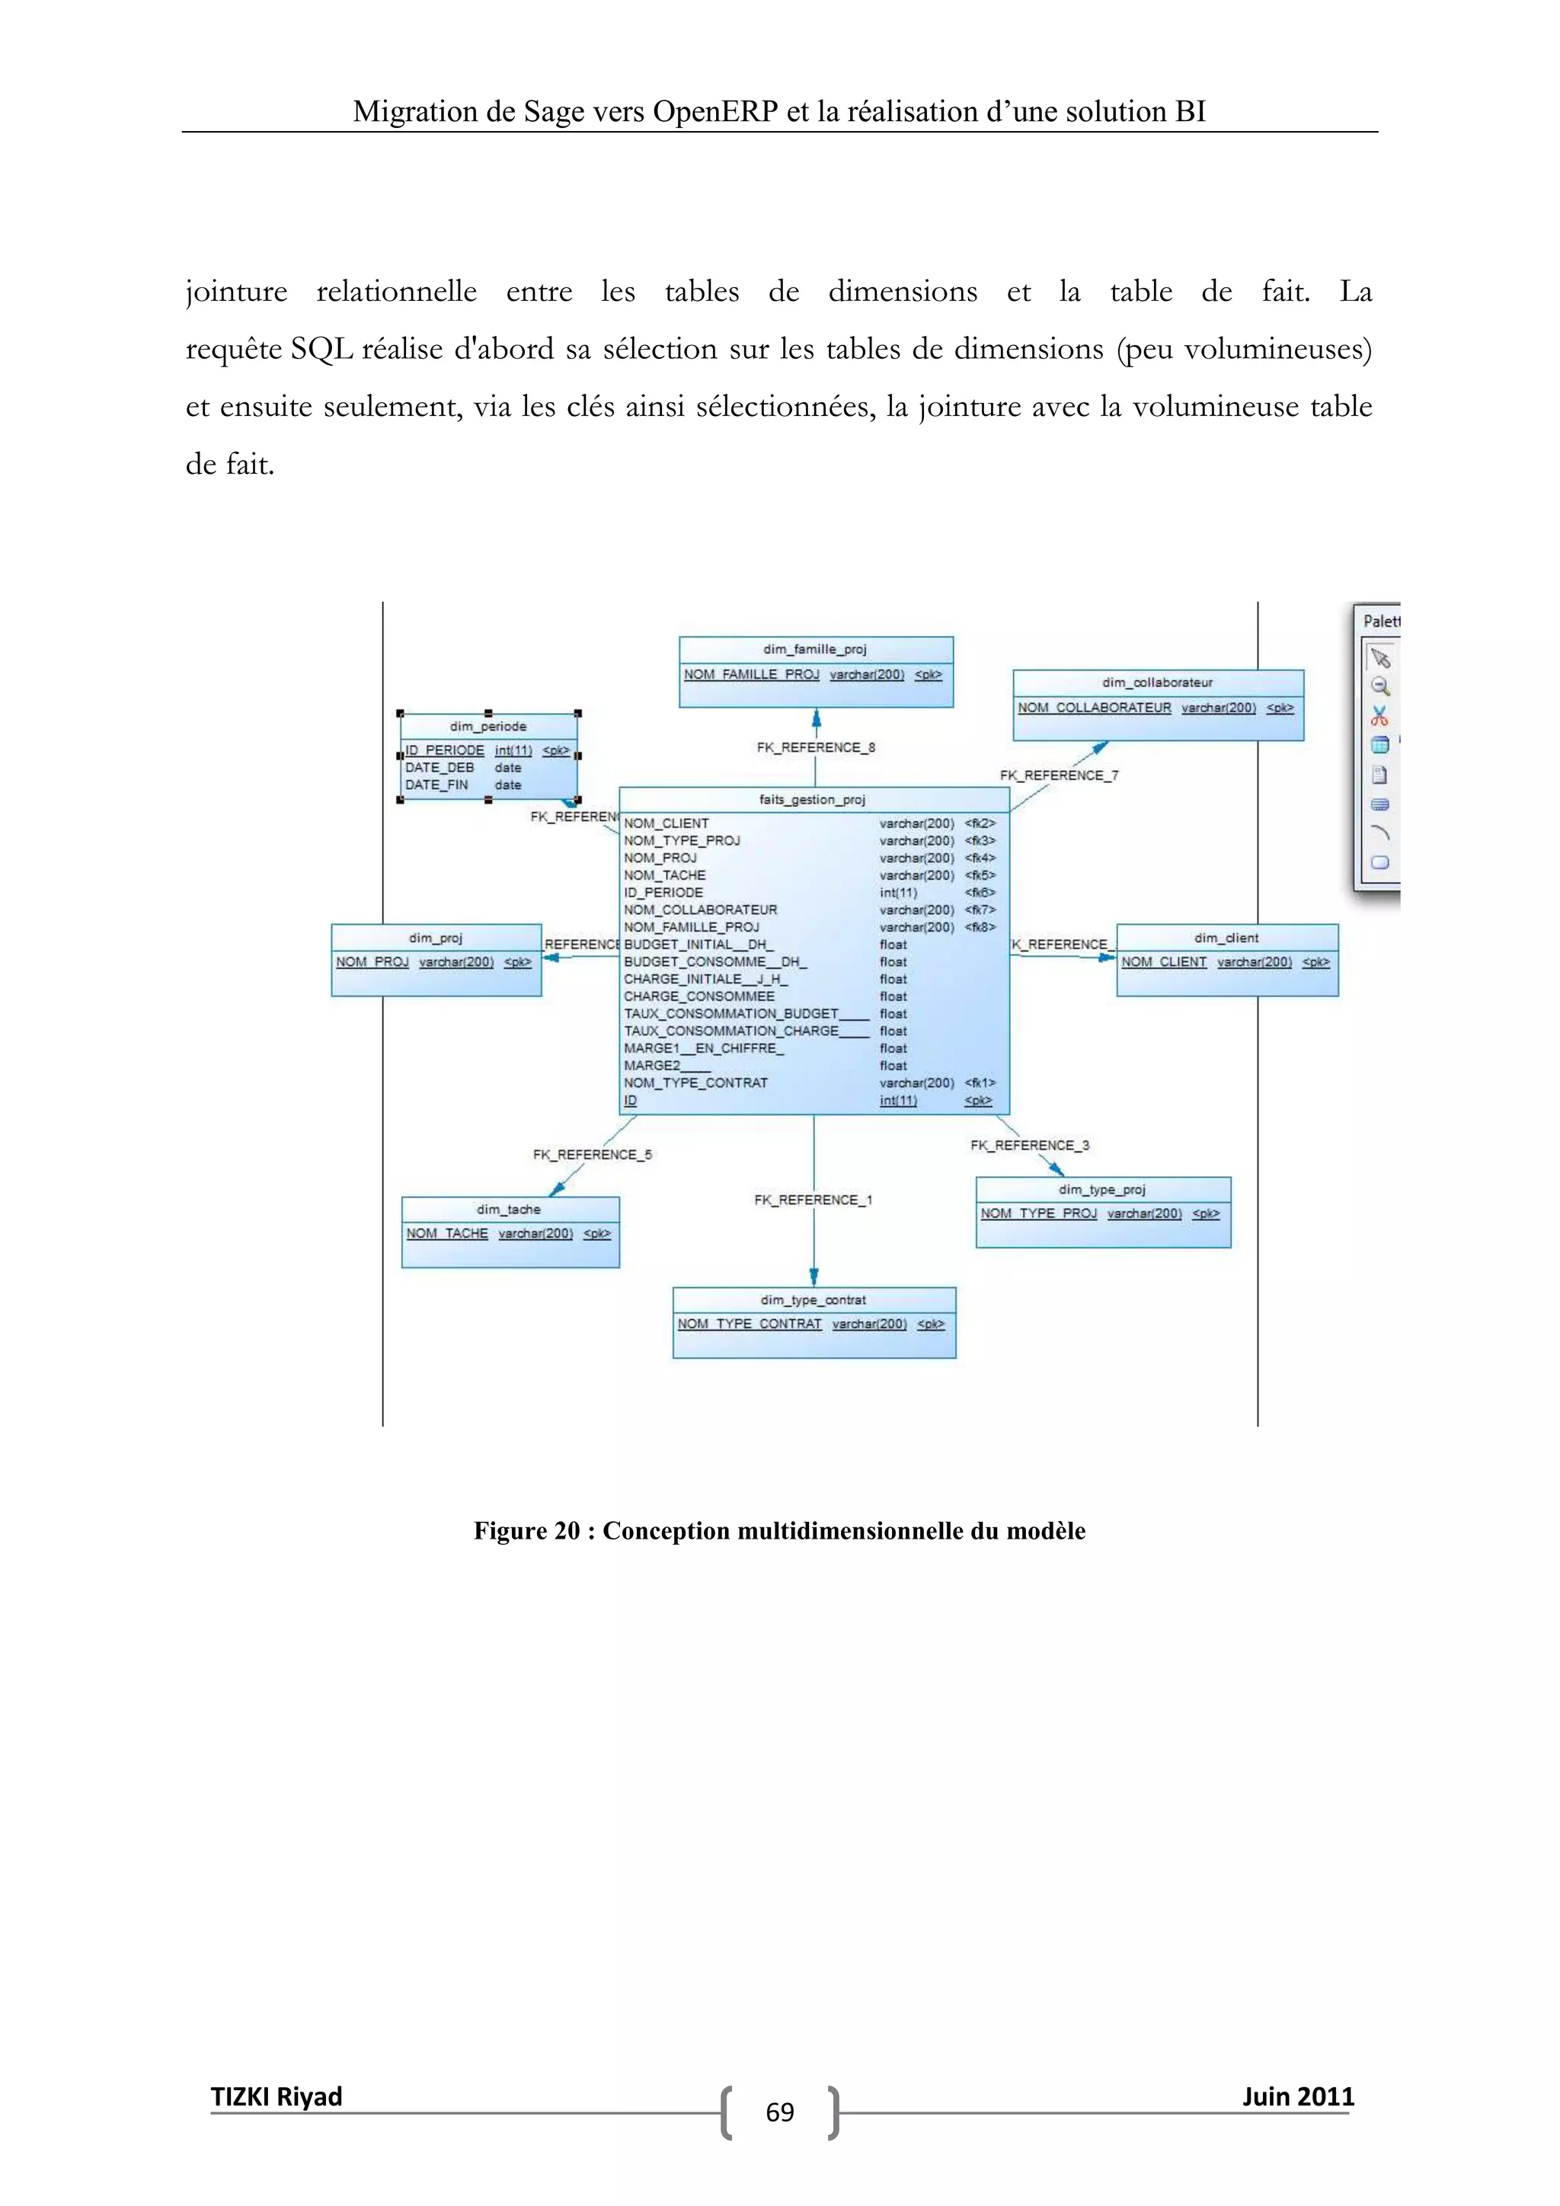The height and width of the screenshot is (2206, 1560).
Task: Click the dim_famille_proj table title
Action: (x=814, y=650)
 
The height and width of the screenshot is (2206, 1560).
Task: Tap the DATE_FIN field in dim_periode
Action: (x=437, y=785)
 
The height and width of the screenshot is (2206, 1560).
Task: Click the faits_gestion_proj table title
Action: (x=812, y=799)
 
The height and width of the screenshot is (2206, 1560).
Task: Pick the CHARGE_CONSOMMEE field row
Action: (x=699, y=996)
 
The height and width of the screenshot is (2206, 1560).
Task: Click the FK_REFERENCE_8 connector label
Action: (x=816, y=747)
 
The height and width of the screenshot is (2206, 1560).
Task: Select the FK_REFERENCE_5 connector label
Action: (x=593, y=1155)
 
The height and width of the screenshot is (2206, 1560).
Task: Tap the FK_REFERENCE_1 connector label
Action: (x=813, y=1200)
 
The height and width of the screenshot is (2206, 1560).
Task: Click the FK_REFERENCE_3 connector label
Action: (x=1030, y=1145)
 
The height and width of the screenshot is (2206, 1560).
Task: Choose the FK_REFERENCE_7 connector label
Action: (x=1059, y=775)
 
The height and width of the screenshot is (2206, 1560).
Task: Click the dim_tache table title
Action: (x=508, y=1210)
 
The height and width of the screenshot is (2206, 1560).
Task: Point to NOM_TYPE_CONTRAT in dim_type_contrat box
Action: (x=750, y=1324)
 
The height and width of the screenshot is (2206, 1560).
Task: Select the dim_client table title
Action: (x=1226, y=938)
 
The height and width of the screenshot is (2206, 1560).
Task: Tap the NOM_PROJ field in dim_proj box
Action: (x=372, y=962)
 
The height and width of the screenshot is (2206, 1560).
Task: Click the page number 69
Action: (x=780, y=2113)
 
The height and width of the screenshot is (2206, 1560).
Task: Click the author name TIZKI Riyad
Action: (x=277, y=2096)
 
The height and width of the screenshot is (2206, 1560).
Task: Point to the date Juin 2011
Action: (x=1298, y=2096)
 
